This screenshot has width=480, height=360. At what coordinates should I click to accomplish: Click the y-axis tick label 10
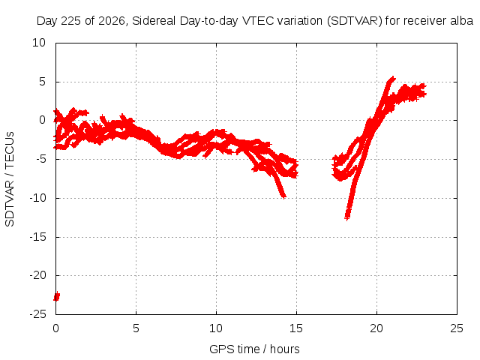tap(39, 43)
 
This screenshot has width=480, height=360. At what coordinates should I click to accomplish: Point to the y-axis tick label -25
tap(38, 314)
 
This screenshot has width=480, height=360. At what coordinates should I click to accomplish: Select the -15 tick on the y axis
tap(38, 237)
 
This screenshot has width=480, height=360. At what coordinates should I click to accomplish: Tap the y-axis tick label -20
tap(38, 275)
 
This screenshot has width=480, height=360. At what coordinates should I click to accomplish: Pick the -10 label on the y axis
tap(38, 198)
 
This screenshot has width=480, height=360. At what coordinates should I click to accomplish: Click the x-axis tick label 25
tap(457, 328)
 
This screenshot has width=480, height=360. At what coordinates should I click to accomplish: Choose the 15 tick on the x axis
tap(296, 328)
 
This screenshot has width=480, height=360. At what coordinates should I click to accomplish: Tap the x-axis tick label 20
tap(376, 328)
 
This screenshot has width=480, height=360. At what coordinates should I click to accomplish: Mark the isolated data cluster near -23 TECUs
tap(57, 296)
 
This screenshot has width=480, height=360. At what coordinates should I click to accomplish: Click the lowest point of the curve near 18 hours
tap(346, 218)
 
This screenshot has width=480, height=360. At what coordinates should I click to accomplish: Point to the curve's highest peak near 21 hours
tap(392, 78)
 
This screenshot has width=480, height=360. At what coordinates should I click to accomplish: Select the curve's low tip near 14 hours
tap(283, 196)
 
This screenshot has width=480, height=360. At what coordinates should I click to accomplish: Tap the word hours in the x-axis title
tap(285, 349)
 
